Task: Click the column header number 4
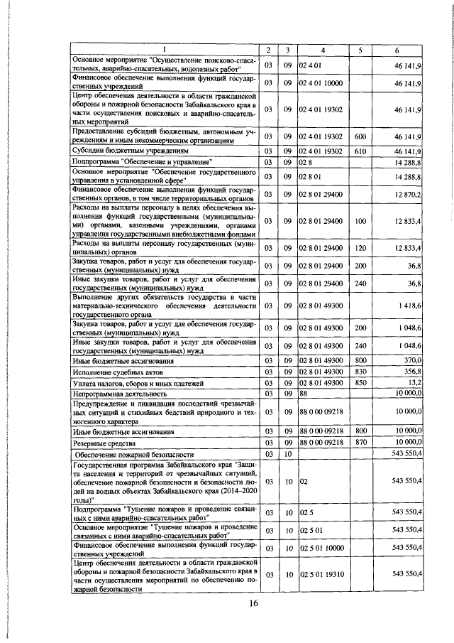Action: [323, 49]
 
